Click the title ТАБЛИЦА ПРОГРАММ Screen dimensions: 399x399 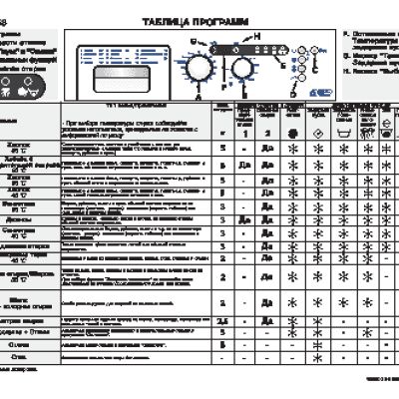click(x=191, y=20)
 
